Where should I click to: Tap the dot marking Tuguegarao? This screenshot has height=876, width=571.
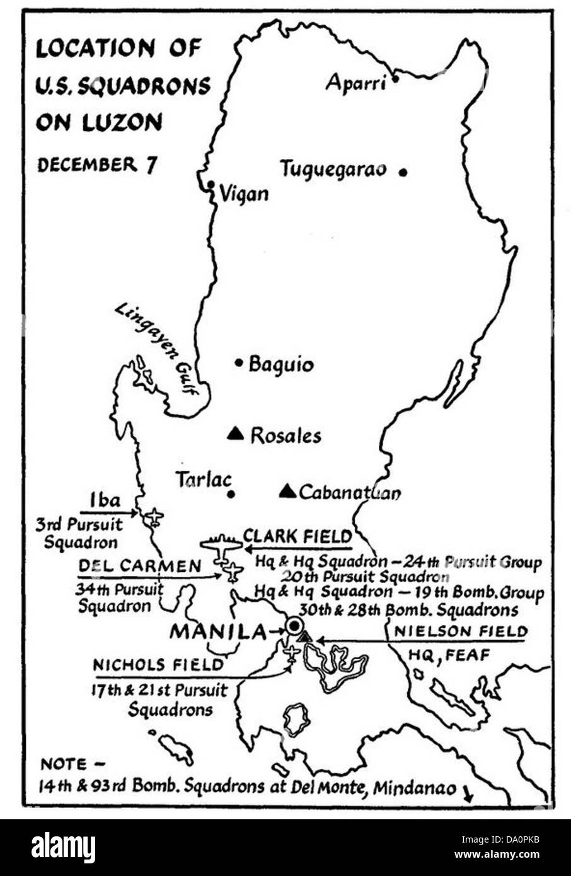[403, 171]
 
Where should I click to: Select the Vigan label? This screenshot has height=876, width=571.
[244, 193]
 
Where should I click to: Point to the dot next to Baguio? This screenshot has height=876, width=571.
[239, 362]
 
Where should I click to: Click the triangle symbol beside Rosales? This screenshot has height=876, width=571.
[235, 433]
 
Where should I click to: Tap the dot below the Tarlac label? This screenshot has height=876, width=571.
[231, 494]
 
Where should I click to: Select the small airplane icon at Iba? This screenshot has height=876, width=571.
[153, 517]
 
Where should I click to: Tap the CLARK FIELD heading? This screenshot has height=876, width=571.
[297, 536]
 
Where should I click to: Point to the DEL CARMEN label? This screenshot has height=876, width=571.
[139, 566]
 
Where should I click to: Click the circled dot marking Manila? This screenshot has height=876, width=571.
[294, 626]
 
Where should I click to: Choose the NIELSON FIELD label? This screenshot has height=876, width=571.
[460, 631]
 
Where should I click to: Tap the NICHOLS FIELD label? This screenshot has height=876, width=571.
[158, 665]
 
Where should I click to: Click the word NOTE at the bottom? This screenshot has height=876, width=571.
[64, 764]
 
